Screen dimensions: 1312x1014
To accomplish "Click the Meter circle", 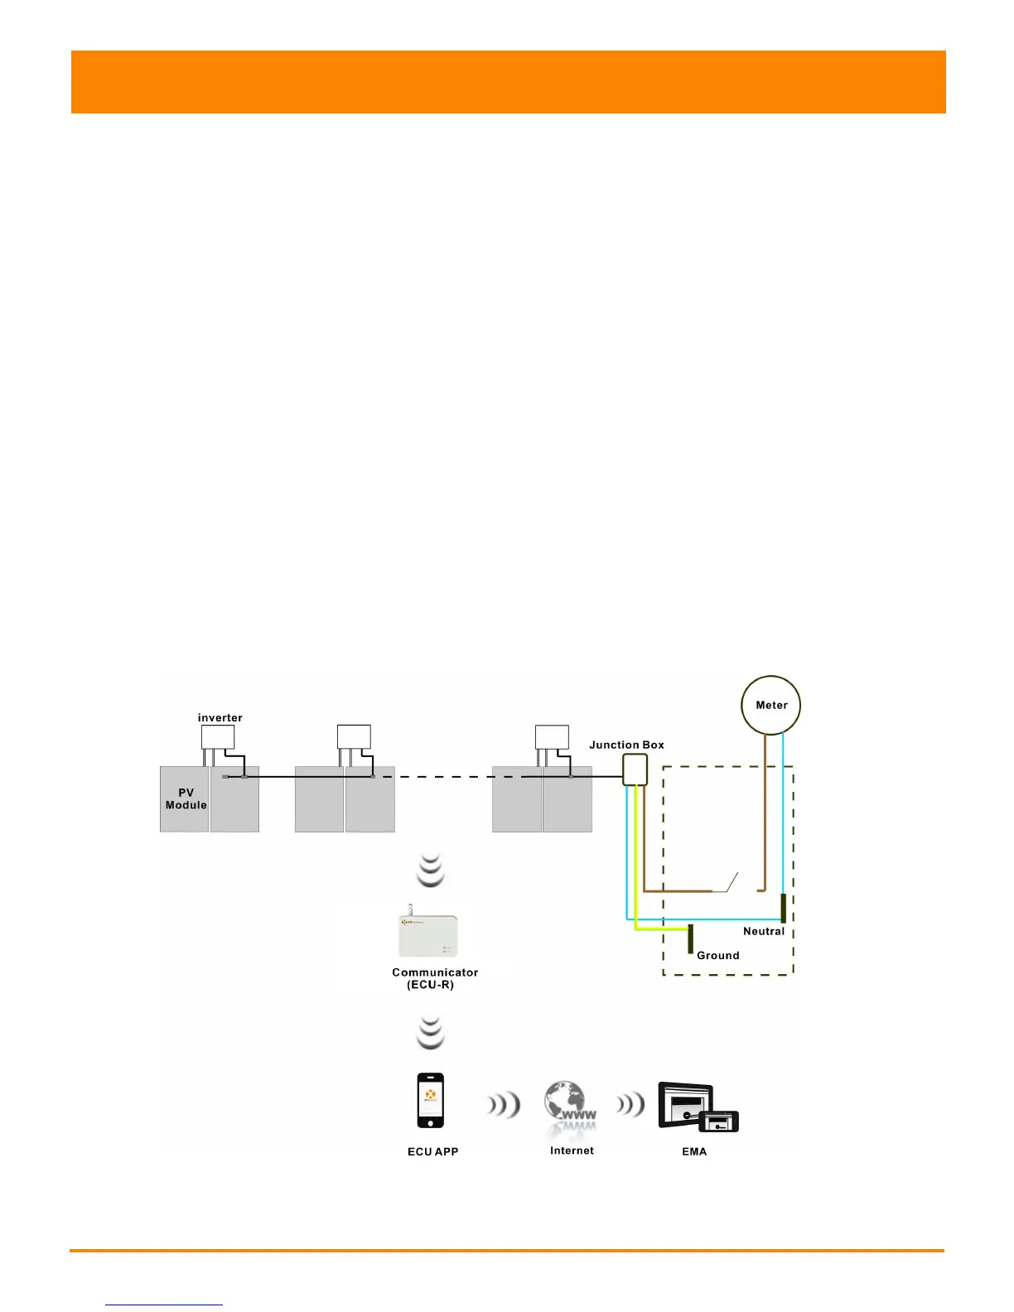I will tap(770, 705).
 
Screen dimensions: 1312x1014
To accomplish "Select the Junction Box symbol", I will tap(635, 769).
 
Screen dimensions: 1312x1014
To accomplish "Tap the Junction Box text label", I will tap(626, 745).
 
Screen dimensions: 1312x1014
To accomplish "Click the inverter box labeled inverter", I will tap(218, 736).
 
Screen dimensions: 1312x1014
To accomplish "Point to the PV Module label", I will tap(186, 798).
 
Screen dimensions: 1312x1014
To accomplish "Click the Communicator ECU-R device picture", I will tap(428, 934).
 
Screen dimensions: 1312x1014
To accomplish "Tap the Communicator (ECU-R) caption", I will tap(434, 978).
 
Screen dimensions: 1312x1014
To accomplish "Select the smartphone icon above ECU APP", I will tap(430, 1100).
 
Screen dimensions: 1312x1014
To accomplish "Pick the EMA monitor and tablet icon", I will tap(697, 1107).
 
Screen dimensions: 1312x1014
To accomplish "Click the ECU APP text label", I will tap(432, 1151).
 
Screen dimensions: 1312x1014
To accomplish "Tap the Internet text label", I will tap(572, 1150).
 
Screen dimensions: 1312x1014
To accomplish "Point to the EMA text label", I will tap(694, 1151).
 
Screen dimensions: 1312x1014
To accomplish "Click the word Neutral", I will tap(763, 931).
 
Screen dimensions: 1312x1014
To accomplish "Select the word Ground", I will tap(717, 955).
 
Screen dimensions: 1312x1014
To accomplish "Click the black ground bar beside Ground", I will tap(690, 939).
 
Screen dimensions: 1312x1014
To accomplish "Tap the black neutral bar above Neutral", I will tap(783, 908).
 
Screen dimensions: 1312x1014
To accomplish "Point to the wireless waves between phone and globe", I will tap(504, 1104).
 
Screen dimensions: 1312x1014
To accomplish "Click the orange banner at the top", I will tap(508, 82).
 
